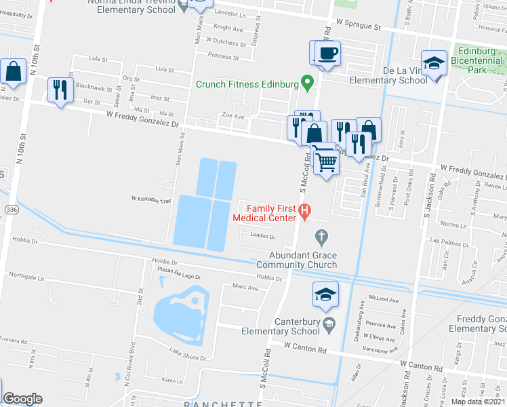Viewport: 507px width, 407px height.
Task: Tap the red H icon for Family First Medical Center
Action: [305, 212]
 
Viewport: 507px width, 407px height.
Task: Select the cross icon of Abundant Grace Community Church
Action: [322, 237]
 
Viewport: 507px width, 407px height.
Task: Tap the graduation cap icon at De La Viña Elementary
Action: [433, 63]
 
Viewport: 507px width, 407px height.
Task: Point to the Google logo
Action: [22, 399]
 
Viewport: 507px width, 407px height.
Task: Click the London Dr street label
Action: [263, 236]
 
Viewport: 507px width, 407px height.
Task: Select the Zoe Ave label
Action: [233, 116]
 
